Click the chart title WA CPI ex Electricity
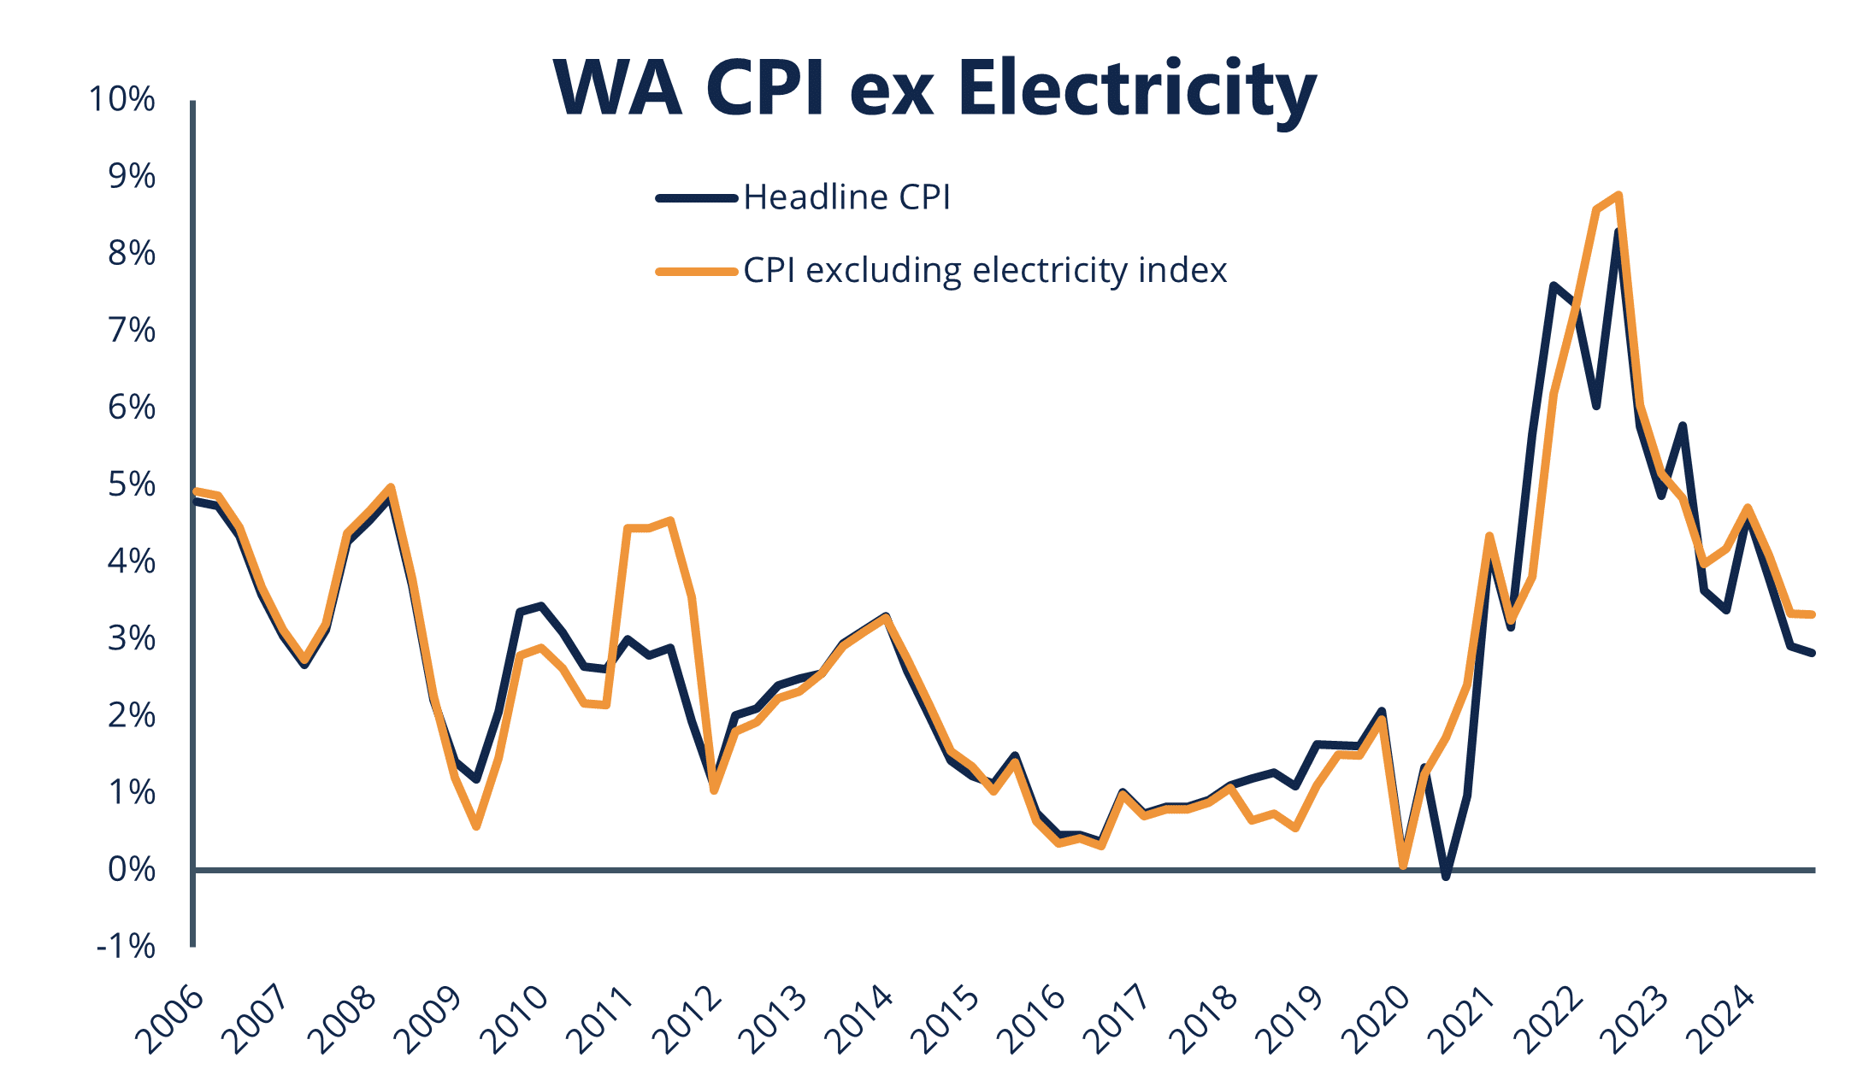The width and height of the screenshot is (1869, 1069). click(x=934, y=88)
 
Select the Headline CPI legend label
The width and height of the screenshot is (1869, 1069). click(x=846, y=197)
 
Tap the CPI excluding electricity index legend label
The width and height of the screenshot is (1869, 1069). click(x=985, y=270)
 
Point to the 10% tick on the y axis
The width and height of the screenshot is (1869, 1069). click(x=122, y=99)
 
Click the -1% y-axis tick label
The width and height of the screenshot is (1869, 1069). click(x=126, y=947)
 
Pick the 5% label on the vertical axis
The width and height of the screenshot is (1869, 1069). click(x=132, y=485)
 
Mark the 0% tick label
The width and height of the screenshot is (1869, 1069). click(x=132, y=870)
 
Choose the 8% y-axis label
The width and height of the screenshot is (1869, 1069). click(x=132, y=253)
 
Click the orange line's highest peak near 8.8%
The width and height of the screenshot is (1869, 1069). click(x=1618, y=196)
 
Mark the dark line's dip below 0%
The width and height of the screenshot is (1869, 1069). click(x=1446, y=877)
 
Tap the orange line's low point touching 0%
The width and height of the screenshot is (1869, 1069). click(x=1403, y=866)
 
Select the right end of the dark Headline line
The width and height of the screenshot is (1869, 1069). click(x=1812, y=653)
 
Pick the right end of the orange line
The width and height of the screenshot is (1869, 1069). click(x=1812, y=614)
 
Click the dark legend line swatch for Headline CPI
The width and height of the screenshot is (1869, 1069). click(x=697, y=198)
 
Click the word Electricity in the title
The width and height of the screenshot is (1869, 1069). click(x=1137, y=88)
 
